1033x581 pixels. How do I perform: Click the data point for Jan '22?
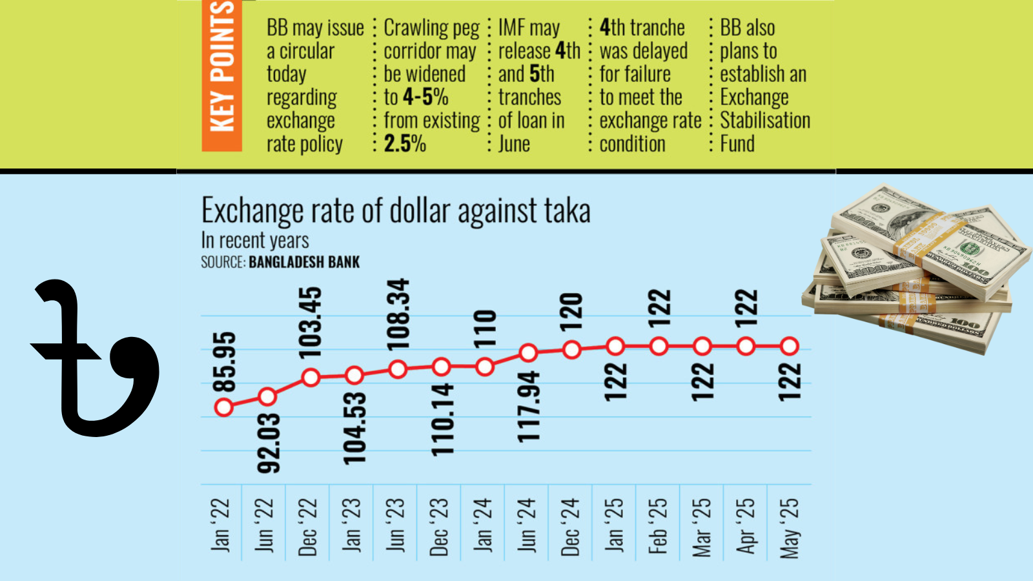tap(224, 407)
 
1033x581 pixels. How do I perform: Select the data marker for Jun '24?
tap(528, 353)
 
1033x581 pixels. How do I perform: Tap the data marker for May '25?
tap(789, 346)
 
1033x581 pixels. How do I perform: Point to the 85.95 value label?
tap(225, 362)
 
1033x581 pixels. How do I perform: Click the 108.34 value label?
tap(398, 314)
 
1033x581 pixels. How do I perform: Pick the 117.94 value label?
tap(529, 407)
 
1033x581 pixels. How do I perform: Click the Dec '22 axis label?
tap(308, 527)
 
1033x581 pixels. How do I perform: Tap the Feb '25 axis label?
tap(657, 525)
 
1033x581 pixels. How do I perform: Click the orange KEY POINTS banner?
tap(221, 76)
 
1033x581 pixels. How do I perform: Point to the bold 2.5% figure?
tap(405, 143)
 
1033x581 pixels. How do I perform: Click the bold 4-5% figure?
tap(425, 97)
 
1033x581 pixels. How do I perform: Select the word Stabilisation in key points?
tap(765, 120)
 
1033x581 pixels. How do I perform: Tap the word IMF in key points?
tap(512, 28)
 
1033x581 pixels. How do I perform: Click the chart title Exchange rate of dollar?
tap(396, 210)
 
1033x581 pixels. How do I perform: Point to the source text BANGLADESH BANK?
tap(304, 262)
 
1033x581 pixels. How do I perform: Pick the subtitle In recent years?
tap(255, 240)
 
